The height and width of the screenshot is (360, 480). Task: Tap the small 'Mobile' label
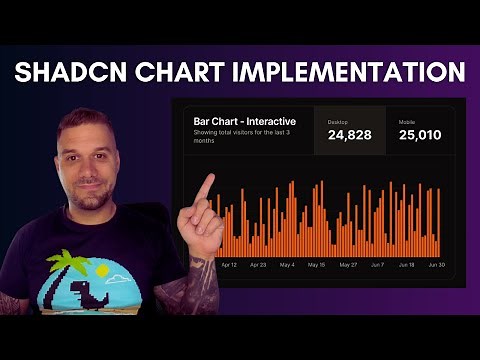(407, 120)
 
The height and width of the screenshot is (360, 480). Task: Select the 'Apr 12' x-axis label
(229, 265)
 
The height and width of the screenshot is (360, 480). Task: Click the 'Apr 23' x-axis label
(258, 265)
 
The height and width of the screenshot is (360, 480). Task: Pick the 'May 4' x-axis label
(287, 265)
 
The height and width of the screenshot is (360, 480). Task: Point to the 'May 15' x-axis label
(317, 265)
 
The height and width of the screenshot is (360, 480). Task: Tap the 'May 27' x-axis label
(348, 265)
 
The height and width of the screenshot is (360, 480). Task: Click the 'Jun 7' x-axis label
(378, 265)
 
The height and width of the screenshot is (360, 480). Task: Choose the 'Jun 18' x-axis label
(407, 265)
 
